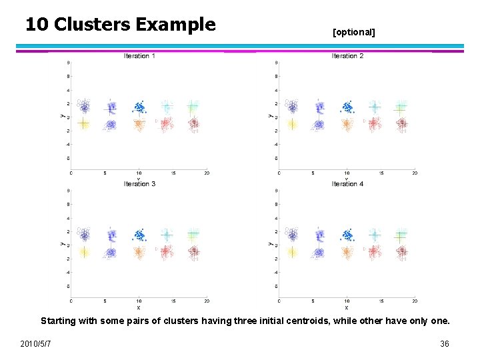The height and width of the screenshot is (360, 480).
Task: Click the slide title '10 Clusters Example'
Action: [121, 25]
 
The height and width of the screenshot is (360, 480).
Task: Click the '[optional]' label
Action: [353, 32]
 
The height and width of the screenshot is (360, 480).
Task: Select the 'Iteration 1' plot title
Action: [139, 56]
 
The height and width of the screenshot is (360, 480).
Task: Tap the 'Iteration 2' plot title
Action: [347, 56]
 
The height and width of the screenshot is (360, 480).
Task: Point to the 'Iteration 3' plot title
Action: [139, 184]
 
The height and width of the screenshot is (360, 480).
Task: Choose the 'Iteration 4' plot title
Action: [347, 184]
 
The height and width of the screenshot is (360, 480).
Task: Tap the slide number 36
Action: [445, 343]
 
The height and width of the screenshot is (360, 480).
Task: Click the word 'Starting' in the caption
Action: [58, 321]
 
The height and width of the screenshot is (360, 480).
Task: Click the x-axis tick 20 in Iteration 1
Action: [207, 173]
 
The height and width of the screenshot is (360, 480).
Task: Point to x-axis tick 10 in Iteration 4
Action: [347, 301]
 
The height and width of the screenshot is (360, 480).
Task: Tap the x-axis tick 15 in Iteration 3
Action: [173, 301]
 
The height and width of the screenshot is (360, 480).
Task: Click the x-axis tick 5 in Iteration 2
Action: [313, 173]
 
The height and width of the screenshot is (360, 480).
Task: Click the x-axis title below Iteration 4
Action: [347, 307]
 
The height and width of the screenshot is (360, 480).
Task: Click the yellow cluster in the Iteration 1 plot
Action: [83, 123]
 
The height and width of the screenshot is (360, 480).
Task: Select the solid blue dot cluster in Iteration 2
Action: [347, 107]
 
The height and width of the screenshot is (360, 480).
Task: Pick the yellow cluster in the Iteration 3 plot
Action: [83, 251]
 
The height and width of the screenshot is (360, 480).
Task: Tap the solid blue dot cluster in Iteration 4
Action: [347, 235]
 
